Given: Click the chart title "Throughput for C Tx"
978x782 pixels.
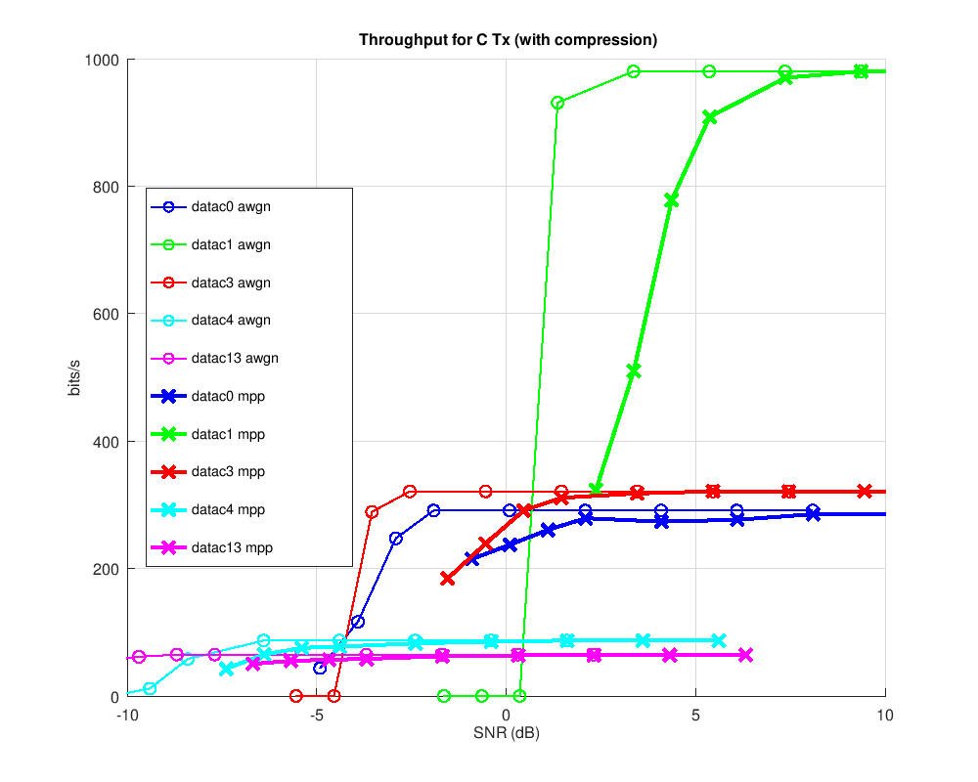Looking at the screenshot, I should click(508, 40).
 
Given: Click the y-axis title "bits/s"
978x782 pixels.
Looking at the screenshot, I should click(75, 378).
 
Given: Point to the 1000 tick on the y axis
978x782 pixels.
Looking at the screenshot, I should click(102, 60).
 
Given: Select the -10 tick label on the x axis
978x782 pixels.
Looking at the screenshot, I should click(127, 716).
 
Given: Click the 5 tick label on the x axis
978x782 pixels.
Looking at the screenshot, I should click(695, 716).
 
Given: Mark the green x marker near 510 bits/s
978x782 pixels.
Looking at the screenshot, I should click(634, 371).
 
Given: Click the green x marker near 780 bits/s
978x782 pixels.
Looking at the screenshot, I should click(671, 200).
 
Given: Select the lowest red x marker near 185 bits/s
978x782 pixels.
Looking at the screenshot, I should click(448, 579).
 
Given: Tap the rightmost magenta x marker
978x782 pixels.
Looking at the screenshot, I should click(746, 655).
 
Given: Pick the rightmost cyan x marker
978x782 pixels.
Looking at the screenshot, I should click(719, 640).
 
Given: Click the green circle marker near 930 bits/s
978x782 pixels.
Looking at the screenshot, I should click(557, 103).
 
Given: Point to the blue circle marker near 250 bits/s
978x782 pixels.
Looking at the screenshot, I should click(396, 539).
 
